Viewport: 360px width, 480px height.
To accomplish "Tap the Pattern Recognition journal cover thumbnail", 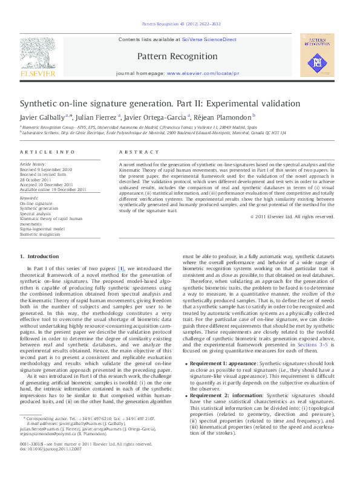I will tap(316, 57).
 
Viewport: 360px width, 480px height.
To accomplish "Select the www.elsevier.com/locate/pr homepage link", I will tap(203, 73).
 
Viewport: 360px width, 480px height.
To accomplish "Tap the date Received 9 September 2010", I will tap(46, 169).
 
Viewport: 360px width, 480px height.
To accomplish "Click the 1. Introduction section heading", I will tap(40, 256).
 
